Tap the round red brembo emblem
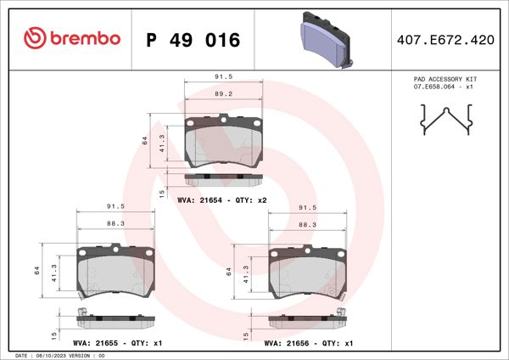point(34,39)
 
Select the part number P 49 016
point(193,40)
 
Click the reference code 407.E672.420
point(445,40)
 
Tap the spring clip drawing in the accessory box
point(445,119)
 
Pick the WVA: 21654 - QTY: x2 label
point(222,200)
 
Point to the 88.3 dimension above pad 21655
point(116,224)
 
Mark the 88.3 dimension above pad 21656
point(307,224)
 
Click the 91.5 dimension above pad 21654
point(224,78)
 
